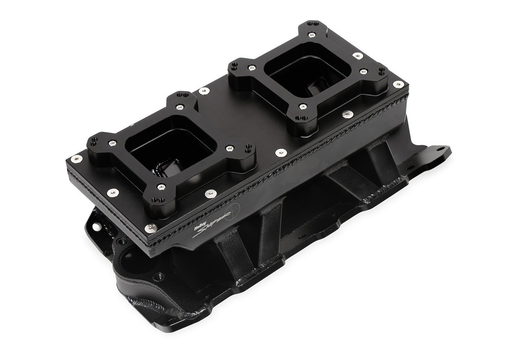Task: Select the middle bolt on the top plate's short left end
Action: point(113,193)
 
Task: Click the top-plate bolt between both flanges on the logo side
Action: point(280,152)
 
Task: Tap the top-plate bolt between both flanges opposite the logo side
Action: point(204,91)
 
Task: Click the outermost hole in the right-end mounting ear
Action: point(440,149)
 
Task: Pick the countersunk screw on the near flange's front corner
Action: point(161,187)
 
